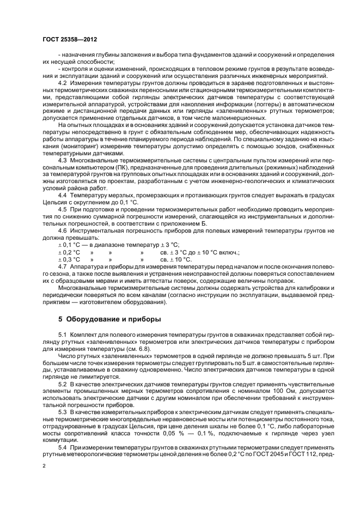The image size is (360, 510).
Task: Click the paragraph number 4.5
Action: (64, 209)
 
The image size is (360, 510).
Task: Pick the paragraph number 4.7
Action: (64, 266)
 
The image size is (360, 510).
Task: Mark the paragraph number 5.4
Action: (64, 447)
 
